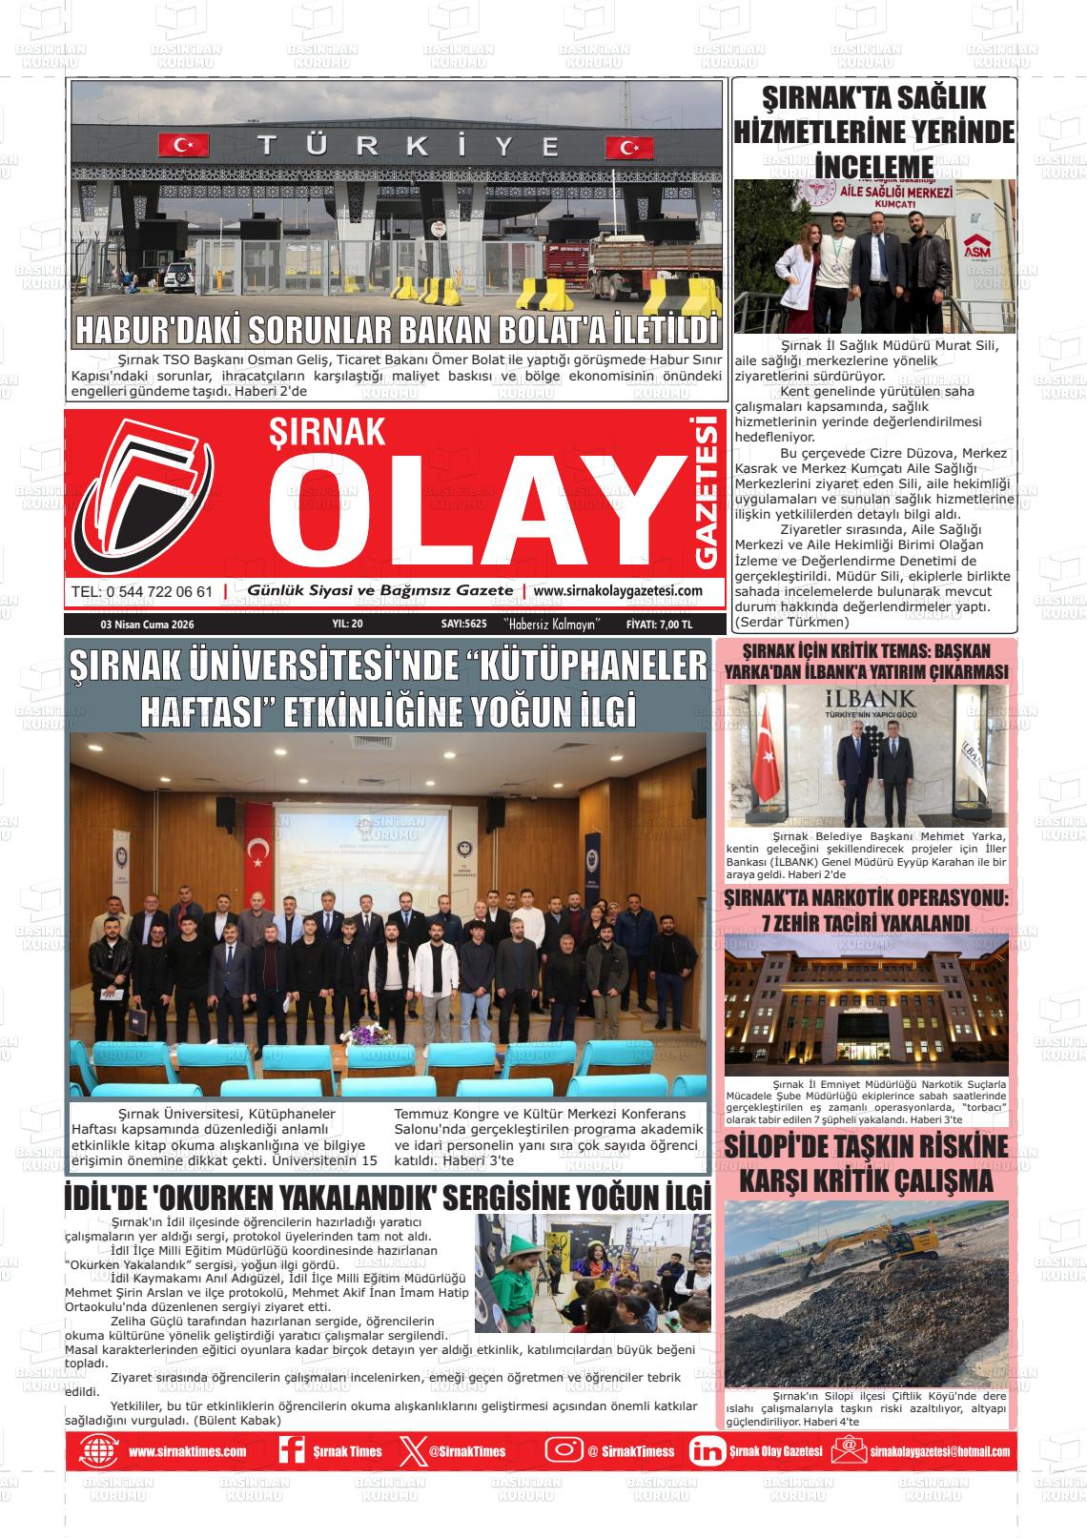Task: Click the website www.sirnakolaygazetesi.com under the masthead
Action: click(618, 591)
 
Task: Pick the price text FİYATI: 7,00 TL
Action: click(659, 625)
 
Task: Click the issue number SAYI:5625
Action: click(464, 625)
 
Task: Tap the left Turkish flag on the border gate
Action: click(183, 145)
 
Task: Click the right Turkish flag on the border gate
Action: click(629, 148)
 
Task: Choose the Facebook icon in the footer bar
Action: click(291, 1449)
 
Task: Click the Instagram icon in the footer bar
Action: click(564, 1449)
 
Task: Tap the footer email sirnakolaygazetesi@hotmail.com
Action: click(939, 1451)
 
